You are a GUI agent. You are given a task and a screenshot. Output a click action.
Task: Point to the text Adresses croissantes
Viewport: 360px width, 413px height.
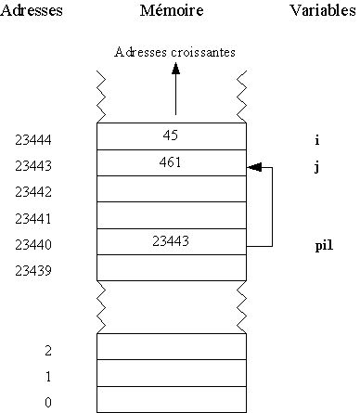(175, 52)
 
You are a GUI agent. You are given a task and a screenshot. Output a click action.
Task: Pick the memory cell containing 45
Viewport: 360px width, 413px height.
(172, 136)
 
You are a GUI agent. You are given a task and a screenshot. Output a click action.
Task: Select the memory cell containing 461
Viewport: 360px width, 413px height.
(172, 162)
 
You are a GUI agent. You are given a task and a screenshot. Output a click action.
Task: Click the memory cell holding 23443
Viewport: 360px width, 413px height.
(172, 240)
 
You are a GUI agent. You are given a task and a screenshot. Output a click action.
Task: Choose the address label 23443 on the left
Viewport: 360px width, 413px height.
(33, 166)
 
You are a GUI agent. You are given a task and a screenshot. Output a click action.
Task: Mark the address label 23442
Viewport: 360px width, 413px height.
(33, 192)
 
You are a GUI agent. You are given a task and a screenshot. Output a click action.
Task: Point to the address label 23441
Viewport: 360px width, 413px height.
(33, 219)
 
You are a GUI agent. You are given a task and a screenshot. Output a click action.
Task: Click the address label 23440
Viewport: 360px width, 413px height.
(33, 245)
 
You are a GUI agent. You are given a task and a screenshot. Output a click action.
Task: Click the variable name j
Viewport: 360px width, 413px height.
(317, 167)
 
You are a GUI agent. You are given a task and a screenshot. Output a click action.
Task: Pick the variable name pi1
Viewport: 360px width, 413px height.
(323, 246)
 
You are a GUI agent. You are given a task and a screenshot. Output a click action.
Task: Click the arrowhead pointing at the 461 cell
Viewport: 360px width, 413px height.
(254, 168)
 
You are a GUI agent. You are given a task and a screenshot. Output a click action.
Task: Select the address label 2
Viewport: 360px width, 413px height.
(47, 351)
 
